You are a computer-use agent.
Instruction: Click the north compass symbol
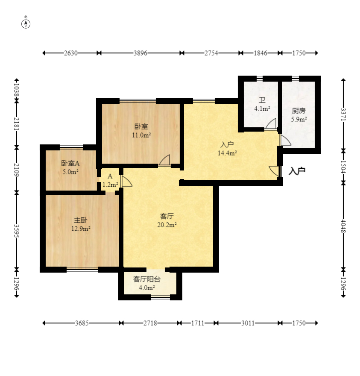(x=26, y=24)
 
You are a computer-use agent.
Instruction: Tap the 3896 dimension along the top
(x=140, y=53)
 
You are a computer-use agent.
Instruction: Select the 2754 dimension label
(x=211, y=53)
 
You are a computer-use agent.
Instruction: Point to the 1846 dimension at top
(x=260, y=53)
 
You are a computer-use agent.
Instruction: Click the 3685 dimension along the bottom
(x=82, y=323)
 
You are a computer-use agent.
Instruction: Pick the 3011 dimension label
(x=248, y=323)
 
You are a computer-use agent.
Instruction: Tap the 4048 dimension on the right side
(x=343, y=226)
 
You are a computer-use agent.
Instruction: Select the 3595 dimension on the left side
(x=17, y=231)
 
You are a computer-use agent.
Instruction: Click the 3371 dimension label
(x=343, y=115)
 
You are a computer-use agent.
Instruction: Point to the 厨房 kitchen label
(x=299, y=111)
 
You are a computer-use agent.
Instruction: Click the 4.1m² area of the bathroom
(x=262, y=109)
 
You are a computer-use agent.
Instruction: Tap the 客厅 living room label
(x=167, y=216)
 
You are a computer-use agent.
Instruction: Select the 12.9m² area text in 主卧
(x=81, y=229)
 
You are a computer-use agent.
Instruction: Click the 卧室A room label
(x=70, y=163)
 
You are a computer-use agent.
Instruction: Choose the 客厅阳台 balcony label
(x=146, y=279)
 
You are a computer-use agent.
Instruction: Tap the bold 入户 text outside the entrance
(x=297, y=171)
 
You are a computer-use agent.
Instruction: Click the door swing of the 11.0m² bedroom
(x=164, y=160)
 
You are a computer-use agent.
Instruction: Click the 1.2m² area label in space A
(x=110, y=185)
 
